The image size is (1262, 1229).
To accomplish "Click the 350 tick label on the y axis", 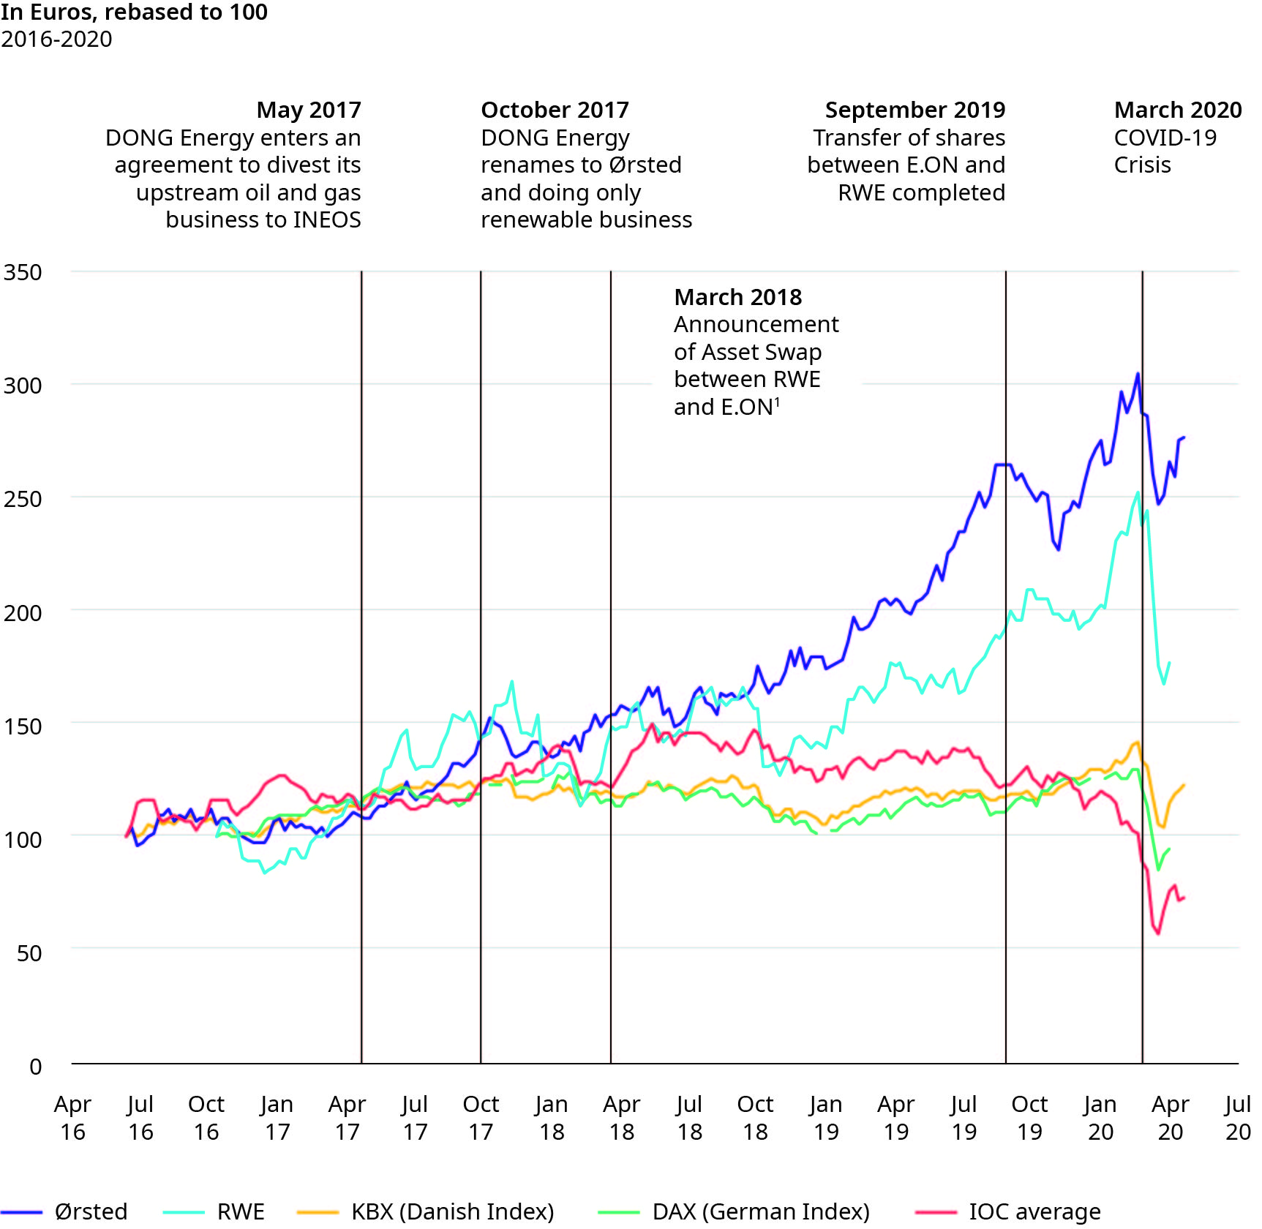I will pyautogui.click(x=23, y=272).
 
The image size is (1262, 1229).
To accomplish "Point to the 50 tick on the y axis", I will pyautogui.click(x=29, y=952).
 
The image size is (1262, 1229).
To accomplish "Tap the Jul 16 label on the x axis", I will pyautogui.click(x=140, y=1117).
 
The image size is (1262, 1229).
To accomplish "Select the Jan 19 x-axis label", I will pyautogui.click(x=826, y=1117).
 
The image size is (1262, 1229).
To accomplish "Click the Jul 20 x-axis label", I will pyautogui.click(x=1238, y=1117).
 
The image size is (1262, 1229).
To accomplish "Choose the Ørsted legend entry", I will pyautogui.click(x=91, y=1211).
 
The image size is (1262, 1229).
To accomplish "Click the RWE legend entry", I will pyautogui.click(x=241, y=1211).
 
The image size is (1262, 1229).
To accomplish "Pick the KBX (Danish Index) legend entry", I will pyautogui.click(x=452, y=1211).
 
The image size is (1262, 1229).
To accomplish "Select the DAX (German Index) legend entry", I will pyautogui.click(x=761, y=1211).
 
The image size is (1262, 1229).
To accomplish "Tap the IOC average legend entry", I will pyautogui.click(x=1034, y=1211).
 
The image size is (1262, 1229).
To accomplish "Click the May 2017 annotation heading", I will pyautogui.click(x=309, y=110).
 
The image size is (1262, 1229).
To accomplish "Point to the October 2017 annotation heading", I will pyautogui.click(x=555, y=110).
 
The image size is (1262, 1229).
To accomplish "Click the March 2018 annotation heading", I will pyautogui.click(x=737, y=297).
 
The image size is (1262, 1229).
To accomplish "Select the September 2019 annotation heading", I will pyautogui.click(x=914, y=110).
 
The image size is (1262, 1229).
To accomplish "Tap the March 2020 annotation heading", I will pyautogui.click(x=1178, y=110).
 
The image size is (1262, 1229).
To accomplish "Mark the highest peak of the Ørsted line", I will pyautogui.click(x=1138, y=374).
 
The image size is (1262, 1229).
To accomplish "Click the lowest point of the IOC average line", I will pyautogui.click(x=1158, y=933).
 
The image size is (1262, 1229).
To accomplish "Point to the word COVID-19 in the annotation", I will pyautogui.click(x=1165, y=138).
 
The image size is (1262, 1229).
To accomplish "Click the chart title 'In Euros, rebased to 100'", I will pyautogui.click(x=134, y=12).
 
